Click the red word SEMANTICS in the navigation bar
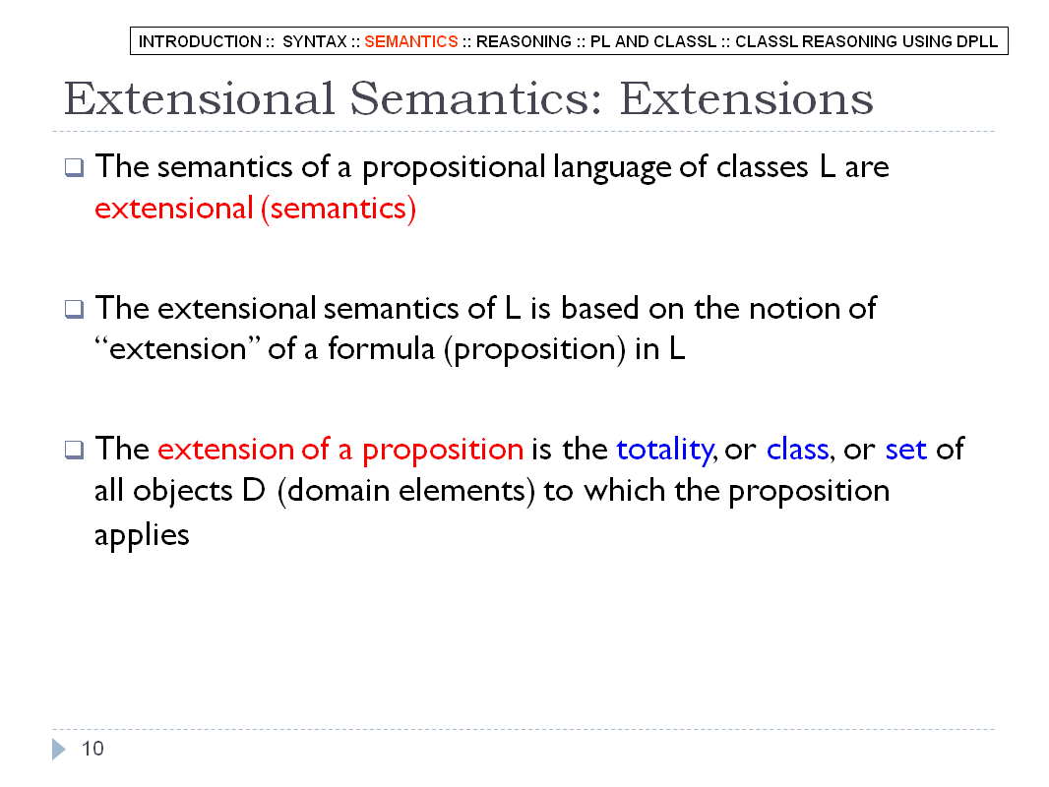point(410,41)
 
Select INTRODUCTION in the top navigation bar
point(200,41)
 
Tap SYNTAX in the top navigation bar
point(315,41)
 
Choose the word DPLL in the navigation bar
point(977,41)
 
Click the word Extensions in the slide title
point(747,99)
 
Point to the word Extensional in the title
point(199,99)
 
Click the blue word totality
point(665,450)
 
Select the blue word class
point(797,450)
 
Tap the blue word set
point(906,450)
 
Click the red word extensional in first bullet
point(174,209)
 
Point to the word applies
point(142,535)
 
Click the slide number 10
point(93,749)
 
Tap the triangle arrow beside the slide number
point(59,749)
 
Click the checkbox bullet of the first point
point(74,167)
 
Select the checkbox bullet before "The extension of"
point(74,450)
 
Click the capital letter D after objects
point(254,492)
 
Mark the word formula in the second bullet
point(381,349)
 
